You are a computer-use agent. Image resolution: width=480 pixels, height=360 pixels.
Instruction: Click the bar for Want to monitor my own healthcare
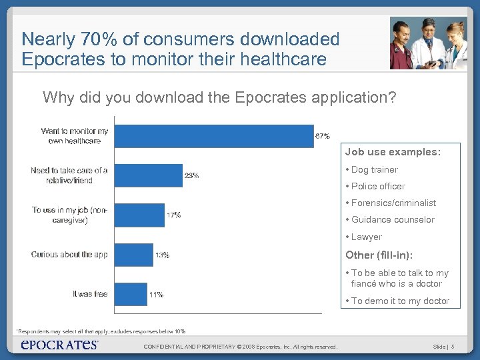pos(213,136)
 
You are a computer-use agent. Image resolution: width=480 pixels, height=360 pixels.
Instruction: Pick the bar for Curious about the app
pos(133,255)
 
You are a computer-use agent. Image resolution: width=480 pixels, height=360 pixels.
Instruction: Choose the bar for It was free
pos(131,294)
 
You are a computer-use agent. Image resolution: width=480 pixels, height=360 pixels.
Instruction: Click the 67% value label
pos(322,136)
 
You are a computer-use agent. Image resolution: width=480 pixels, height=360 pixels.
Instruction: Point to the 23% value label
pos(191,176)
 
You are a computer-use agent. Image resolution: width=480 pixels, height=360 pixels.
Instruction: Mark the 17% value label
pos(173,215)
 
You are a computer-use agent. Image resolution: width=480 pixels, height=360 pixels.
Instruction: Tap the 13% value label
pos(162,255)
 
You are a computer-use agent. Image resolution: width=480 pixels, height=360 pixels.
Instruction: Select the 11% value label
pos(156,295)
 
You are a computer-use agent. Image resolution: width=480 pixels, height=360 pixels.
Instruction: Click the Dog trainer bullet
pos(374,170)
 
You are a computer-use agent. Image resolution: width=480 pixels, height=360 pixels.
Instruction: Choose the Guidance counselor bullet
pos(393,220)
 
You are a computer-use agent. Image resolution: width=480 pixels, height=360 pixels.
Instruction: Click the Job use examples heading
pos(393,152)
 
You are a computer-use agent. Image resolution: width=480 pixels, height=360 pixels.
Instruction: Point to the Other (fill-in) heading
pos(379,255)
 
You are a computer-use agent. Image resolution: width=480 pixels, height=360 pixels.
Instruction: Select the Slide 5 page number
pos(443,347)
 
